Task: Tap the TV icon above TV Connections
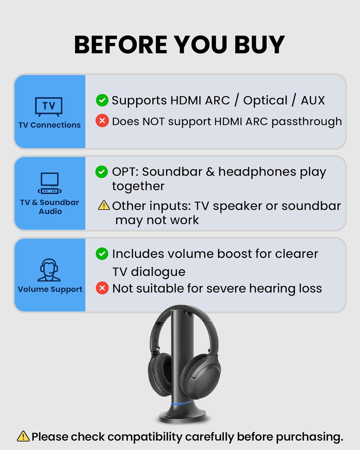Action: pos(49,106)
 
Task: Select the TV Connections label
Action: pos(49,125)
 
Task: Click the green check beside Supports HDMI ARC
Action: pos(102,100)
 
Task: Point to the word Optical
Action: pos(265,100)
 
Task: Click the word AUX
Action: pos(313,100)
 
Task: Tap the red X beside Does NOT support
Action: pos(102,121)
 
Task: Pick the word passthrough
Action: pos(306,121)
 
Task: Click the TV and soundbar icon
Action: pos(50,183)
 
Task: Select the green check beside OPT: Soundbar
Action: pos(101,172)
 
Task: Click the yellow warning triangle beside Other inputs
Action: pos(104,205)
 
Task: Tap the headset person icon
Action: pos(49,270)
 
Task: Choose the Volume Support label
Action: pos(50,289)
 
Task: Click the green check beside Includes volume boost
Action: pos(102,254)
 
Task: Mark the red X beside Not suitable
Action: pos(102,288)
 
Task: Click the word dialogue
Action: pos(158,272)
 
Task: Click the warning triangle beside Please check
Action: pos(23,436)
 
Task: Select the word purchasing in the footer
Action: pos(309,437)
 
